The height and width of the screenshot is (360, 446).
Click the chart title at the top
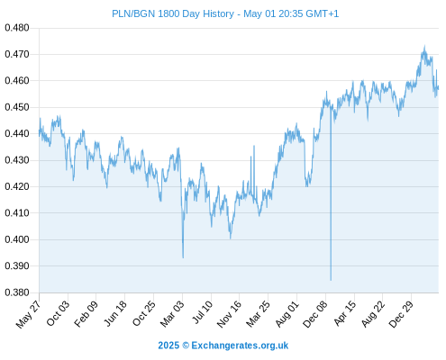point(225,13)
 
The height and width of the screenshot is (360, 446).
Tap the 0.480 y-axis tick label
point(17,28)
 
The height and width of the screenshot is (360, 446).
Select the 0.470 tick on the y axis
point(17,54)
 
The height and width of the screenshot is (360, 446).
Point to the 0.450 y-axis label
point(17,107)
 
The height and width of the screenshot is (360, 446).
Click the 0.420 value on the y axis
point(17,186)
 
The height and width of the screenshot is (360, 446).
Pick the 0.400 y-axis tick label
point(17,239)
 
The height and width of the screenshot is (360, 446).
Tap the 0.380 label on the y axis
point(17,292)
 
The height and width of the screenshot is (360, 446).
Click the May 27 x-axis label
point(29,314)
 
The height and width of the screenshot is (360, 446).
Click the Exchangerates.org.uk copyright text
point(223,346)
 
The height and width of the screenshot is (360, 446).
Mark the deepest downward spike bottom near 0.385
point(331,280)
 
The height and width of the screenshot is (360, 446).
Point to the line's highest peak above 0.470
point(424,46)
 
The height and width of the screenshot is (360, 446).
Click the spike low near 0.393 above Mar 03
point(183,257)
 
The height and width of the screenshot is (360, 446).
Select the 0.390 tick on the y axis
point(17,265)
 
